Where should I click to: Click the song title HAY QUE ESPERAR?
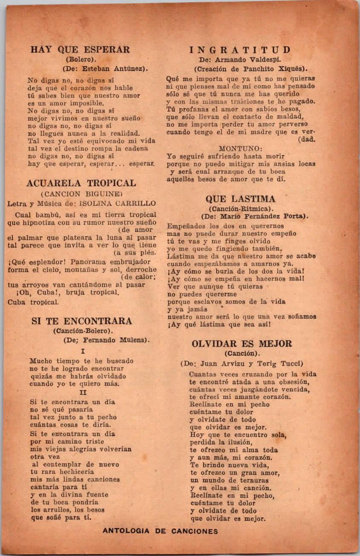pos(80,49)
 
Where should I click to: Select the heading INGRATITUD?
pos(240,50)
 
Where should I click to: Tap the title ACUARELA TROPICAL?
pos(81,183)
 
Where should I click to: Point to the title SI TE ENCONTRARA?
pos(82,321)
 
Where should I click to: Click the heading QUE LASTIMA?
pos(240,199)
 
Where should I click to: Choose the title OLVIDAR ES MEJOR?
pos(242,344)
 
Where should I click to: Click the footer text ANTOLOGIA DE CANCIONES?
pos(160,531)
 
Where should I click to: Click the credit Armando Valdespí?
pos(251,60)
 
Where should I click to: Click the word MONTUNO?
pos(241,148)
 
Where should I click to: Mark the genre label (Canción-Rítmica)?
pos(240,208)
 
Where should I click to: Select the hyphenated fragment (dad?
pos(307,139)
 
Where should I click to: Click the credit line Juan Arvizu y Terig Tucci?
pos(248,364)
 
